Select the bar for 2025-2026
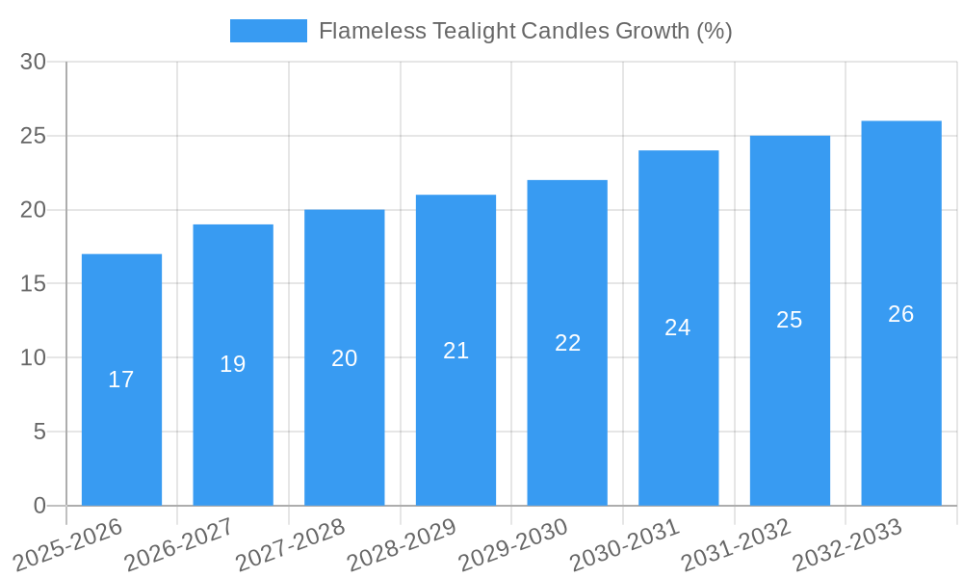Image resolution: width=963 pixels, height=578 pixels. click(121, 380)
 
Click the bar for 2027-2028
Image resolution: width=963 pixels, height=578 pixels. click(345, 357)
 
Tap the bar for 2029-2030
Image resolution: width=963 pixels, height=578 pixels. click(567, 343)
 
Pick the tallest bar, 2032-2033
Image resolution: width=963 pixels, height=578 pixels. click(901, 313)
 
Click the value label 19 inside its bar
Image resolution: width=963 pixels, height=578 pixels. click(233, 364)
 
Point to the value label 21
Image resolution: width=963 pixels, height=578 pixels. click(456, 351)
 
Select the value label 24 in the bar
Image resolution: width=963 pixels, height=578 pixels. click(678, 328)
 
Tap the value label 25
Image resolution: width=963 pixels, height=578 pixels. click(790, 320)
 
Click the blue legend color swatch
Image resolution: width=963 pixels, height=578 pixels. click(268, 31)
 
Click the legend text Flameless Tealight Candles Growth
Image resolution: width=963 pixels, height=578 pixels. click(525, 31)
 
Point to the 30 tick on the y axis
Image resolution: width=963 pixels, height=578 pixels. click(33, 62)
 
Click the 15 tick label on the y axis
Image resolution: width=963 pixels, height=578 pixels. click(33, 284)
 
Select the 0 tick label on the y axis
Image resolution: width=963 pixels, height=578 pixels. click(39, 506)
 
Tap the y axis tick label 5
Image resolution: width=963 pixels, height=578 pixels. click(39, 432)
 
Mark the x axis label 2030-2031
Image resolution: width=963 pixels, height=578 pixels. click(624, 543)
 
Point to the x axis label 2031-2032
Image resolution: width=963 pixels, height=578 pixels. click(736, 543)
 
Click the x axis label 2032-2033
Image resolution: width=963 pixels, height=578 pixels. click(847, 543)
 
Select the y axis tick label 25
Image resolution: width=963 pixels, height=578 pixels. click(33, 136)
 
